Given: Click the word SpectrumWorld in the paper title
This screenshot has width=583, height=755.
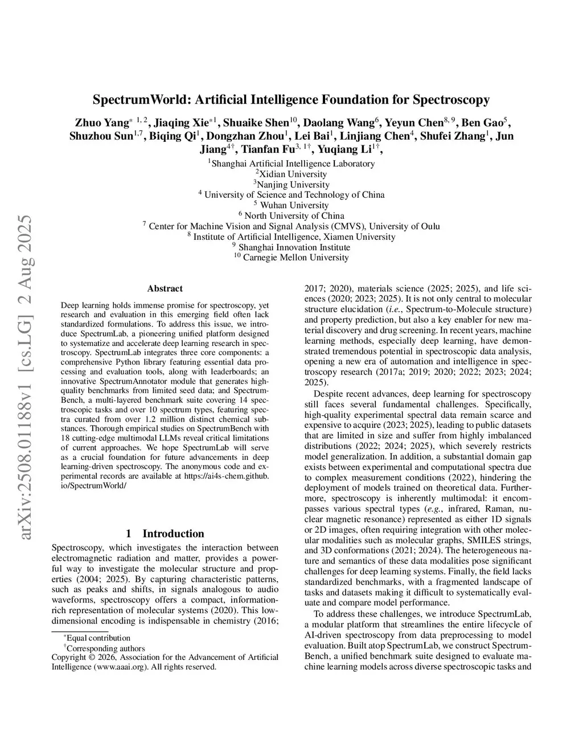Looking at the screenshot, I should point(142,100).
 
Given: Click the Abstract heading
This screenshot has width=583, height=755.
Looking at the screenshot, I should point(165,289).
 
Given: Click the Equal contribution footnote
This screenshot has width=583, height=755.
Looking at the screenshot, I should point(98,638).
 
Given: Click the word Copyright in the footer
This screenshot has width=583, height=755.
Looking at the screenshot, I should point(69,658).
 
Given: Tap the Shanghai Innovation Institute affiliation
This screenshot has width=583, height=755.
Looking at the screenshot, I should point(294,247).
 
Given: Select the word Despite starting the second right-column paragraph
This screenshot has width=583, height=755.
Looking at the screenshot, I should point(328,394).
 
